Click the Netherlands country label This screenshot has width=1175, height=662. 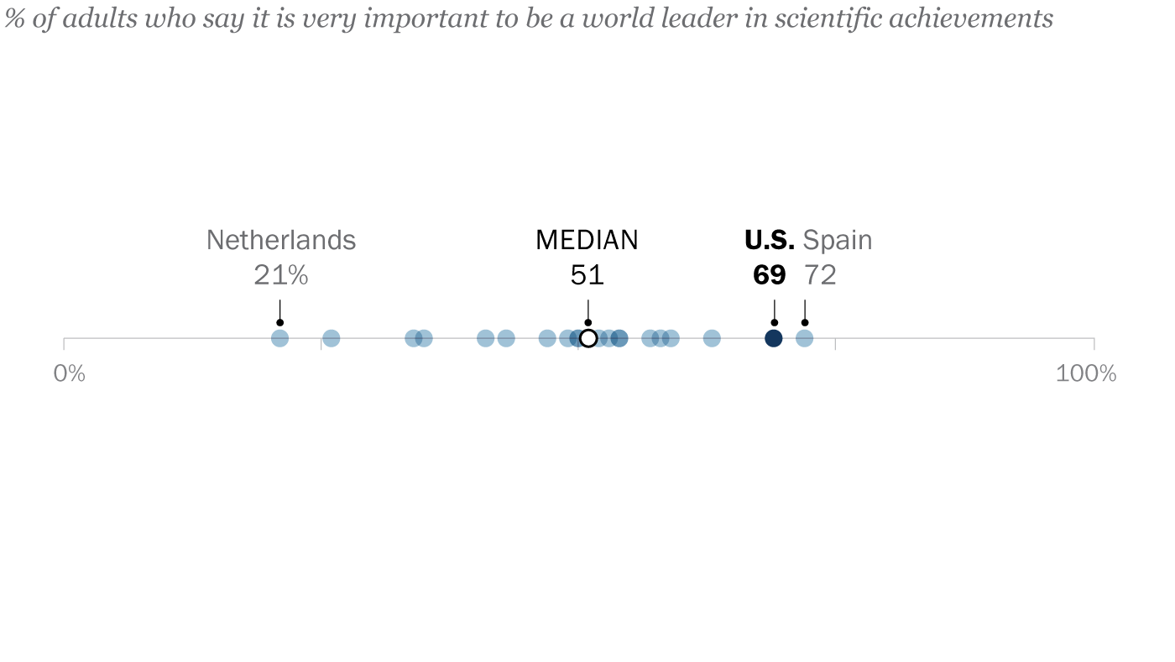coord(281,241)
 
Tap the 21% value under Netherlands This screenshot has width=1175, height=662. coord(281,275)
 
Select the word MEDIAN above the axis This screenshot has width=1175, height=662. coord(587,241)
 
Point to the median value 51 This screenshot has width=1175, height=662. coord(587,275)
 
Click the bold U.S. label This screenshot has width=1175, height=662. coord(769,241)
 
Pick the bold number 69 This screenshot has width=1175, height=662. coord(769,275)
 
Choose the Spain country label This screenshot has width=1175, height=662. coord(837,241)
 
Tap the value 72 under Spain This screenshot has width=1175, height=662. coord(820,275)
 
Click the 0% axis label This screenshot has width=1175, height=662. coord(70,373)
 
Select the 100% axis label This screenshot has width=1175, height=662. coord(1085,373)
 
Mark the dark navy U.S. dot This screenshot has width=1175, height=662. coord(774,338)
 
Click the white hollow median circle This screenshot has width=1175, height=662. coord(588,338)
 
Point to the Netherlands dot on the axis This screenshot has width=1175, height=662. coord(280,338)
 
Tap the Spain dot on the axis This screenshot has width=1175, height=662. coord(804,338)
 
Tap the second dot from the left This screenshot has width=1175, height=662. coord(332,338)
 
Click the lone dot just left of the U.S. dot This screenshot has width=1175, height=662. coord(712,338)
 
